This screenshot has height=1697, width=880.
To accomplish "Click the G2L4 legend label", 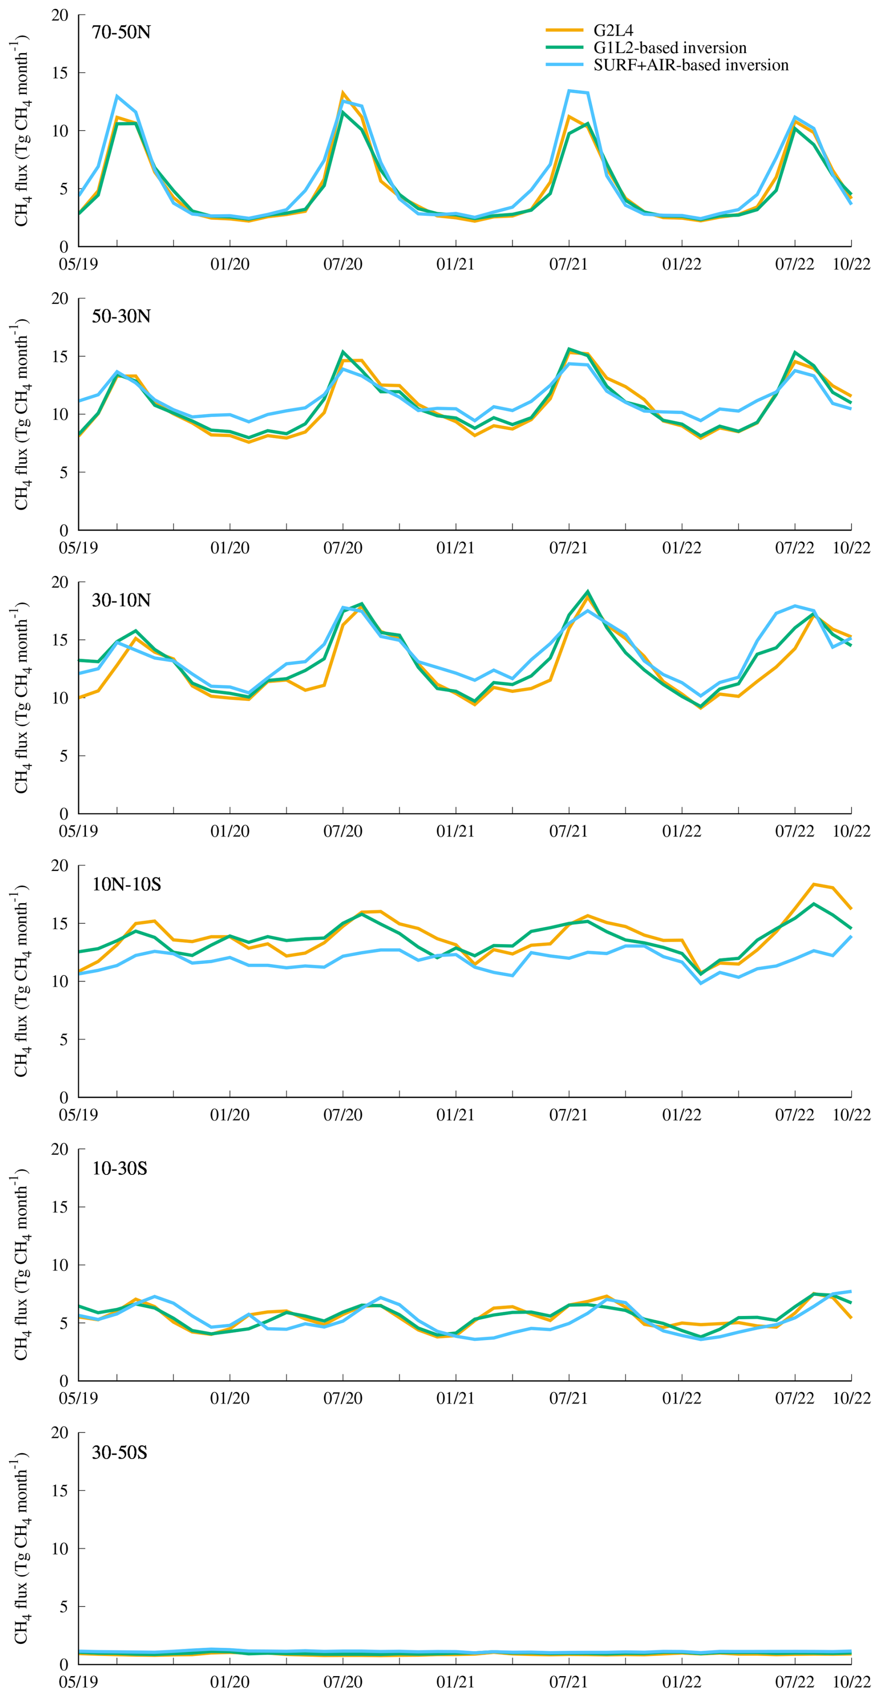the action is pyautogui.click(x=613, y=30).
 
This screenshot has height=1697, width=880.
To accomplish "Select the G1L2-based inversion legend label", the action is pyautogui.click(x=670, y=47).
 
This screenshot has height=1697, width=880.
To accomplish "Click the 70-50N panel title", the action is pyautogui.click(x=121, y=32).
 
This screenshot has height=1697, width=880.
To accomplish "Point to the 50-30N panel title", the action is pyautogui.click(x=121, y=316).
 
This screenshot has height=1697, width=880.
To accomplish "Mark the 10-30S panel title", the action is pyautogui.click(x=119, y=1168).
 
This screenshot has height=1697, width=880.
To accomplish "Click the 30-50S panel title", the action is pyautogui.click(x=119, y=1452).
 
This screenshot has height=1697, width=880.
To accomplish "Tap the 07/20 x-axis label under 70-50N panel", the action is pyautogui.click(x=342, y=264).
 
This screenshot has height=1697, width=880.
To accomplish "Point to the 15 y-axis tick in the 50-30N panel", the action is pyautogui.click(x=60, y=356).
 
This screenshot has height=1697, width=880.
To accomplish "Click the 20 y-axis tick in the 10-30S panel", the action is pyautogui.click(x=60, y=1150).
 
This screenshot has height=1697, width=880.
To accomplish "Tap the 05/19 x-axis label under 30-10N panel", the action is pyautogui.click(x=79, y=832).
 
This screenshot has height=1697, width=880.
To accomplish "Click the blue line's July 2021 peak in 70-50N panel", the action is pyautogui.click(x=569, y=91).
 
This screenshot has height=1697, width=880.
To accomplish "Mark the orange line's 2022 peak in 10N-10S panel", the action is pyautogui.click(x=814, y=884).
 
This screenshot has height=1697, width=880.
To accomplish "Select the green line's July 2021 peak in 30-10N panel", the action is pyautogui.click(x=587, y=591).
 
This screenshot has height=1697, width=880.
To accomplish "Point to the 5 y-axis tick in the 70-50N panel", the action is pyautogui.click(x=64, y=189).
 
